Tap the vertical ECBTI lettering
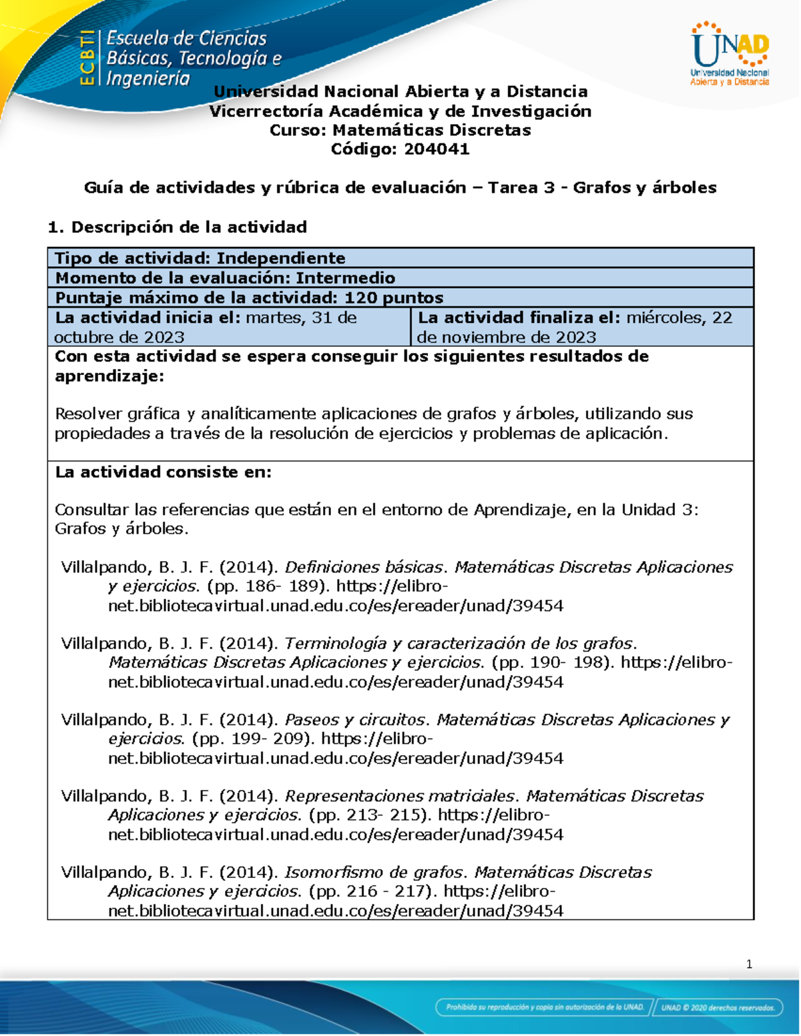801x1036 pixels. tap(87, 58)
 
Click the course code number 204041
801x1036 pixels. tap(436, 149)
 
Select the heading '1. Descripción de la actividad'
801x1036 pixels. tap(178, 227)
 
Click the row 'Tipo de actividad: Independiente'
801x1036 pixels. tap(200, 258)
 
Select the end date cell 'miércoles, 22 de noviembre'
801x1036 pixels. tap(581, 326)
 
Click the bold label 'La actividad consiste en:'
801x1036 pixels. tap(164, 472)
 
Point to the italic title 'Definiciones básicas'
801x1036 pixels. tap(364, 567)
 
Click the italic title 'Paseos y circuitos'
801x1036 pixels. tap(355, 720)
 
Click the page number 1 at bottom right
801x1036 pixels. tap(749, 964)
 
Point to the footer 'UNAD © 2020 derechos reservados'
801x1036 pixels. tap(718, 1007)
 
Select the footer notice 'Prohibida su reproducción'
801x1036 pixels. tap(545, 1007)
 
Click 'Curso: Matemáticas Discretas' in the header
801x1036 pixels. tap(400, 130)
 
